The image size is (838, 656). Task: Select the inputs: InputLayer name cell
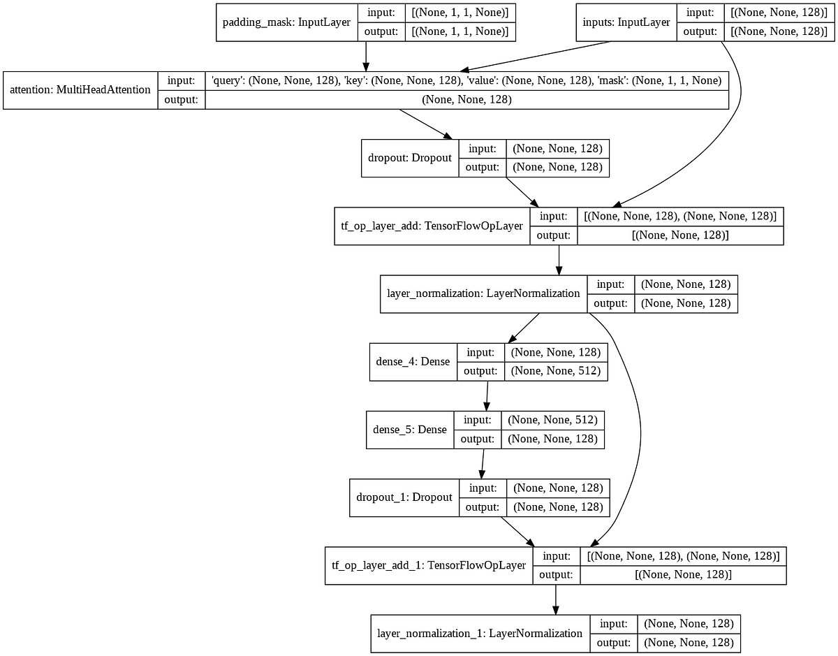pyautogui.click(x=626, y=22)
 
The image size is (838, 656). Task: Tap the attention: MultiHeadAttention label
pyautogui.click(x=80, y=90)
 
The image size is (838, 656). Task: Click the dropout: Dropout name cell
pyautogui.click(x=410, y=158)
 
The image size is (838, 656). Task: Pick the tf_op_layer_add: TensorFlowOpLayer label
pyautogui.click(x=432, y=226)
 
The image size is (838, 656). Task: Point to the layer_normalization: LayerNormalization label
pyautogui.click(x=483, y=293)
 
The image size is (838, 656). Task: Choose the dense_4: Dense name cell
pyautogui.click(x=413, y=361)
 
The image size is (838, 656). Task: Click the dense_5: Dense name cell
pyautogui.click(x=410, y=429)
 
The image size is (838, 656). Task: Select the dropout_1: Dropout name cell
pyautogui.click(x=404, y=497)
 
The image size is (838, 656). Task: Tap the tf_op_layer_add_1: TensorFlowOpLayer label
pyautogui.click(x=429, y=565)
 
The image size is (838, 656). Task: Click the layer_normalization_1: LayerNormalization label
pyautogui.click(x=480, y=633)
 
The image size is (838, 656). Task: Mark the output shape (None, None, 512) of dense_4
pyautogui.click(x=555, y=371)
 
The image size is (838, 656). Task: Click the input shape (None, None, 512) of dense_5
pyautogui.click(x=552, y=420)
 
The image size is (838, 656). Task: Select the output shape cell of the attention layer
pyautogui.click(x=466, y=100)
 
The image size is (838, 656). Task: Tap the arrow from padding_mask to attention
pyautogui.click(x=365, y=55)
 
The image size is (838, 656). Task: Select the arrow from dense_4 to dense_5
pyautogui.click(x=487, y=395)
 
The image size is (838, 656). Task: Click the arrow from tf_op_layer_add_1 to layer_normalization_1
pyautogui.click(x=556, y=599)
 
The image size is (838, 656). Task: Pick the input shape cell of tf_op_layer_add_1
pyautogui.click(x=683, y=555)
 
